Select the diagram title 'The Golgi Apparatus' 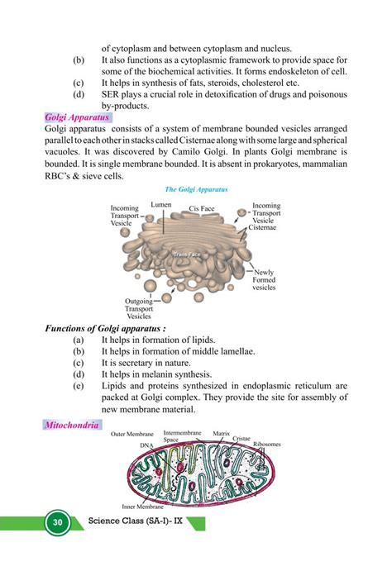[x=196, y=190]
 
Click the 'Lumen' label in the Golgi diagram [x=161, y=203]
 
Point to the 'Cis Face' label [x=203, y=209]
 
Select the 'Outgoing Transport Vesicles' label [x=144, y=308]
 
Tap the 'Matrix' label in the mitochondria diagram [x=221, y=432]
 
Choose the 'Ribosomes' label [x=267, y=444]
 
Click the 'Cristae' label [x=241, y=438]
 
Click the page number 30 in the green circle [x=57, y=524]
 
